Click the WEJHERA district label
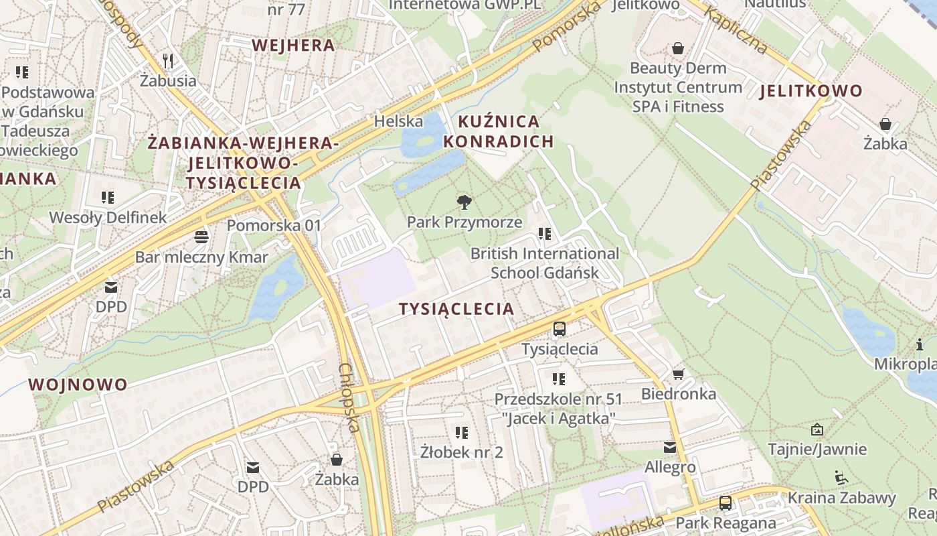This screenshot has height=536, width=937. (292, 46)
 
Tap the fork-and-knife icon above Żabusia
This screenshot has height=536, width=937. (168, 61)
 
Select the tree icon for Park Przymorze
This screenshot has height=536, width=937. (464, 202)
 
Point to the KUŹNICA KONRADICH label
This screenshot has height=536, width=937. (499, 131)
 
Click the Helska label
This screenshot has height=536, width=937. (398, 121)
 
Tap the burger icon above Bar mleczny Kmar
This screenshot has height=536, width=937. (201, 237)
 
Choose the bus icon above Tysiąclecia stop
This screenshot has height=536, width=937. (560, 329)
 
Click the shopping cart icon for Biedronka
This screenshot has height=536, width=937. (679, 374)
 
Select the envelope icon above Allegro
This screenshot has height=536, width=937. (670, 448)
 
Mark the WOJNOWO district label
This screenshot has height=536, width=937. (78, 385)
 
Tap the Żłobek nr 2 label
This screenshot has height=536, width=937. (462, 452)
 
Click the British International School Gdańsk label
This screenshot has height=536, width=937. (545, 263)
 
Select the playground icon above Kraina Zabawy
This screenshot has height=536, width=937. (841, 478)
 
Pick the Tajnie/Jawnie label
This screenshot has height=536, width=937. (817, 450)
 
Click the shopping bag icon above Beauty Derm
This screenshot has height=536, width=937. (678, 48)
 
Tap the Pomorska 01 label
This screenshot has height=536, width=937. (274, 225)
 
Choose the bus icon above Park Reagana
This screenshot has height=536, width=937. (726, 503)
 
